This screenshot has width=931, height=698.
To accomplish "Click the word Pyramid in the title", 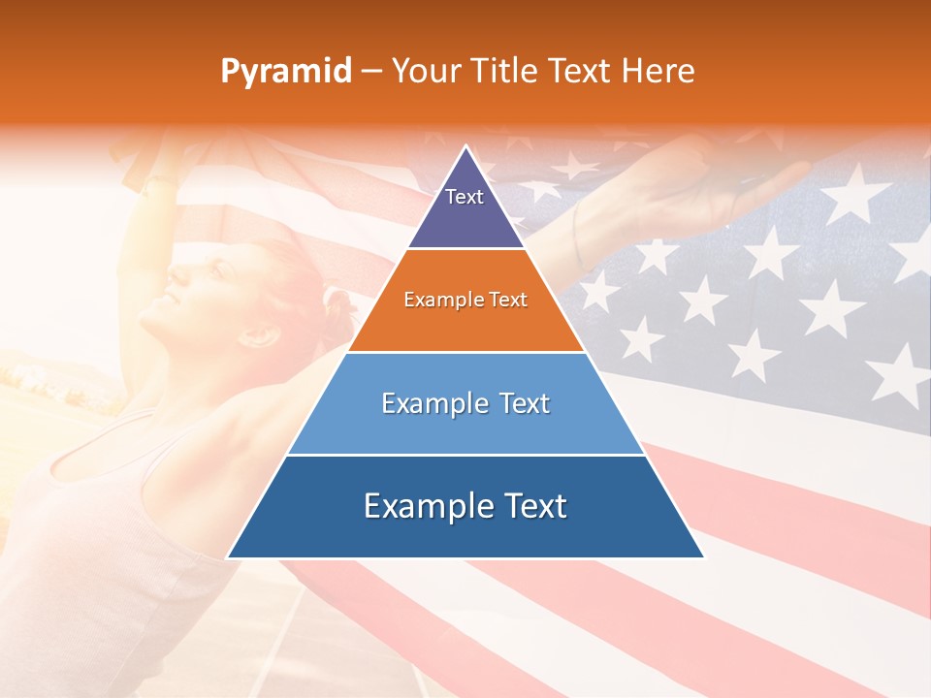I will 285,72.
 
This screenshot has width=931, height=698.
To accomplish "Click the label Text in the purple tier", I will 465,197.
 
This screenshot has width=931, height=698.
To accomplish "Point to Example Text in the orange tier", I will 465,300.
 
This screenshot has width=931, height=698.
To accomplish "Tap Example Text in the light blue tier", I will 465,403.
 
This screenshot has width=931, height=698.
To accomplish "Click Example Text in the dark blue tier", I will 465,506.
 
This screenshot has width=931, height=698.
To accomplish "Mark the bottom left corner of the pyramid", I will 228,557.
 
